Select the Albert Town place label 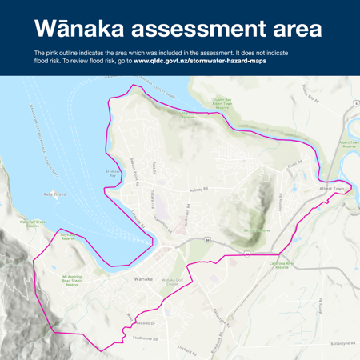(x=333, y=189)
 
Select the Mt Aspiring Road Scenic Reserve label (x=71, y=281)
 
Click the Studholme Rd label (x=145, y=338)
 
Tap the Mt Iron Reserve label (x=257, y=230)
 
